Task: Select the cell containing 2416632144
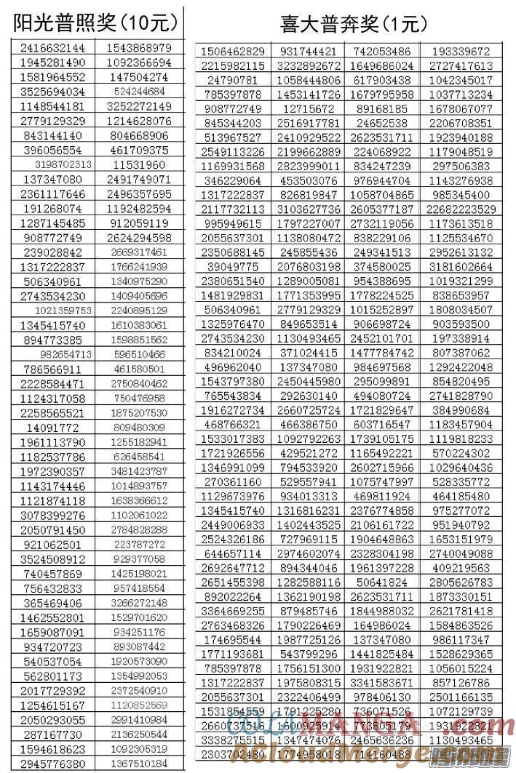[52, 48]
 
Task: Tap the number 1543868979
[139, 48]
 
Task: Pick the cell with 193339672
[461, 52]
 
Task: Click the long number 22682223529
[461, 209]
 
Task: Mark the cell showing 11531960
[139, 165]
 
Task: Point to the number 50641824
[383, 582]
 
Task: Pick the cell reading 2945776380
[52, 764]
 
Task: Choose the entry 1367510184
[139, 764]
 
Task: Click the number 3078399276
[52, 516]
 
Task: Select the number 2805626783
[461, 582]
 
